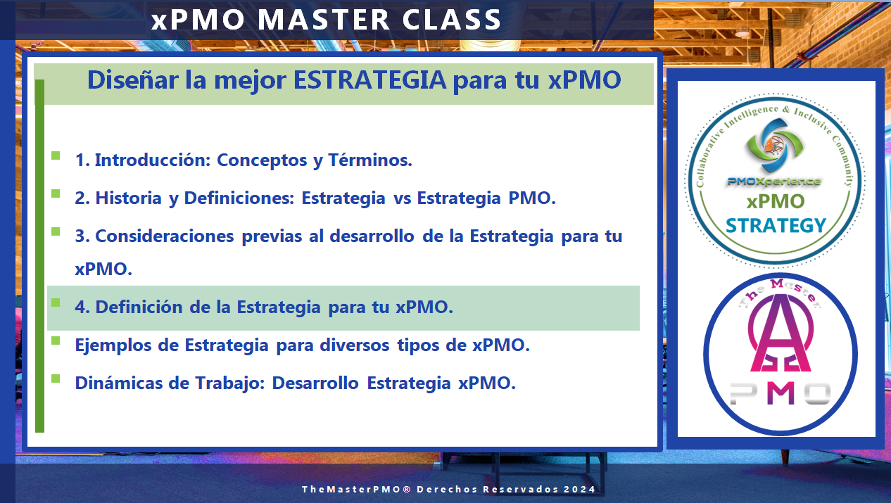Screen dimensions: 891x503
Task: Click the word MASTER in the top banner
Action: point(323,20)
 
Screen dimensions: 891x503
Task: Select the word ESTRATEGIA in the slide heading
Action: point(370,80)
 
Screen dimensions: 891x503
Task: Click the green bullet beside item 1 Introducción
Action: point(56,155)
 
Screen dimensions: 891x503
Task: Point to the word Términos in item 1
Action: point(370,160)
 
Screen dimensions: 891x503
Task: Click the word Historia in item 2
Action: point(129,198)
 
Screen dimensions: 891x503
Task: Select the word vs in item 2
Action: point(402,198)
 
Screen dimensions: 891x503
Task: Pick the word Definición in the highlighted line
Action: point(139,307)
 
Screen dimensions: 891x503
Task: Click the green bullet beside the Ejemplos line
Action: point(56,340)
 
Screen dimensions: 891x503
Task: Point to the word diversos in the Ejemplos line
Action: point(355,345)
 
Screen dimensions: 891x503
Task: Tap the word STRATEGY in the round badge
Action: point(776,225)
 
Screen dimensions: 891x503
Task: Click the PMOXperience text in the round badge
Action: point(774,182)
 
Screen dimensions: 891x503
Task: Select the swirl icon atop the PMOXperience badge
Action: point(775,145)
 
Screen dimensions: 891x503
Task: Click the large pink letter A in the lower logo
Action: point(781,334)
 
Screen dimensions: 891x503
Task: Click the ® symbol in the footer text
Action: point(407,489)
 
